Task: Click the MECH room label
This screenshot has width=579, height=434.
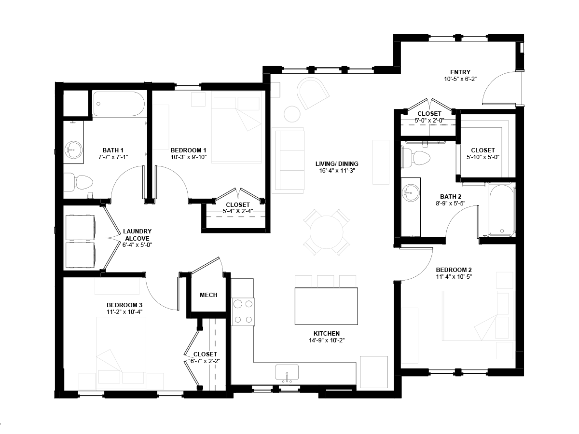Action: point(208,295)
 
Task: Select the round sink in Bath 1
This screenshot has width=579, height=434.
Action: point(73,150)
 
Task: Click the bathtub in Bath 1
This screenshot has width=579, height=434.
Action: point(119,104)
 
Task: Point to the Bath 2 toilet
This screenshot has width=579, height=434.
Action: point(415,158)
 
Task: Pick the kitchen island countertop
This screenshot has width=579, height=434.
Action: point(326,306)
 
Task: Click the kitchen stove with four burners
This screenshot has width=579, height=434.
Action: point(243,312)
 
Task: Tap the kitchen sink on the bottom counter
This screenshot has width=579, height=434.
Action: point(287,372)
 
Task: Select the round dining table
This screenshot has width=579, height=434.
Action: point(326,232)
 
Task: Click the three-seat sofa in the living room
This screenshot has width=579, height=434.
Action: point(288,160)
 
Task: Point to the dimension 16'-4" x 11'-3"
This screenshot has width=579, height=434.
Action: point(337,171)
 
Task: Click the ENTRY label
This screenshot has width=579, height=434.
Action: point(460,72)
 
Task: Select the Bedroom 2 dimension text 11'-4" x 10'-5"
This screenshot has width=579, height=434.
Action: point(454,277)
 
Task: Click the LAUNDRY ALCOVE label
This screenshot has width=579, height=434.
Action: point(137,235)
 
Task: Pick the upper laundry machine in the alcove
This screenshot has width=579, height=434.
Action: point(80,228)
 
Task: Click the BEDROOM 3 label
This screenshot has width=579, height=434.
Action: point(124,305)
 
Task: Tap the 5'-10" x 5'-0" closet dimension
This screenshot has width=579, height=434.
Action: point(483,157)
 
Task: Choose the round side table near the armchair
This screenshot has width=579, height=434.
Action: point(292,114)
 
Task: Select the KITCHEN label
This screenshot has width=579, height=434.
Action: point(327,334)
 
